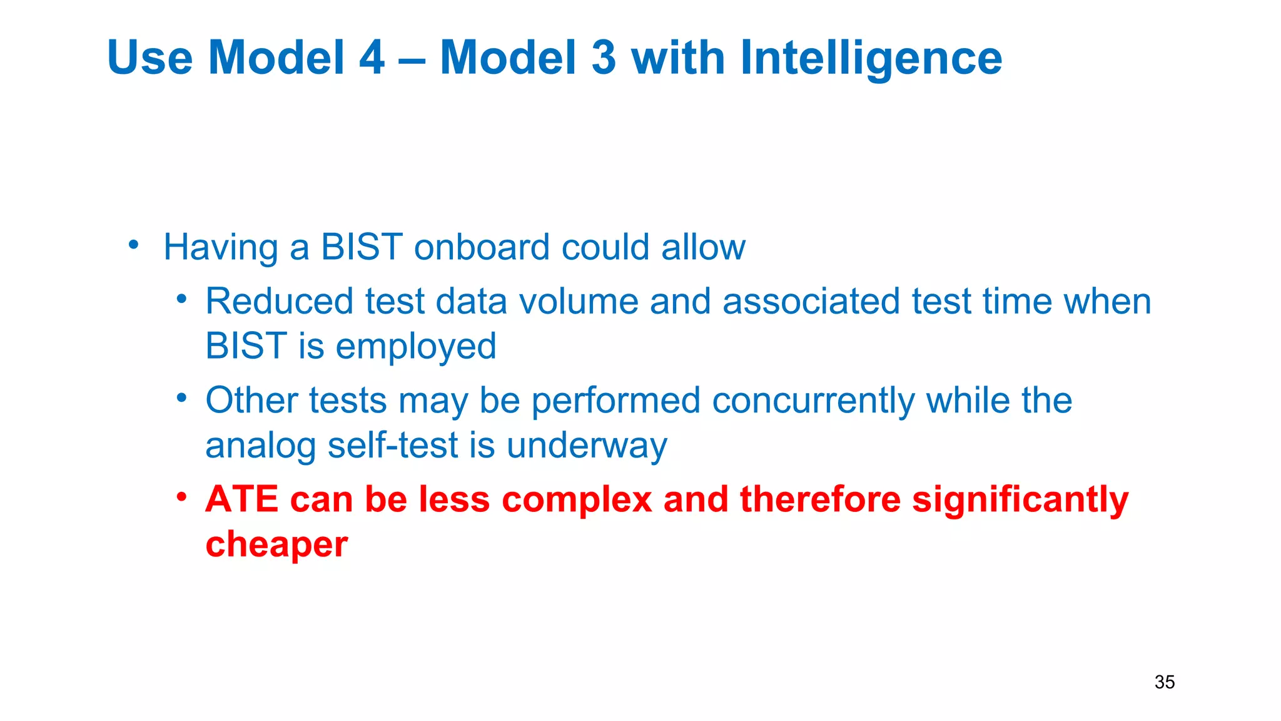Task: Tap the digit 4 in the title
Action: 372,58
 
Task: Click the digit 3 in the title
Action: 603,58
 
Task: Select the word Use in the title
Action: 149,58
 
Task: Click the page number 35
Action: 1164,682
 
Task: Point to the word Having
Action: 220,248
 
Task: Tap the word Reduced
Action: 280,302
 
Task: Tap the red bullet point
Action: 181,497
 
